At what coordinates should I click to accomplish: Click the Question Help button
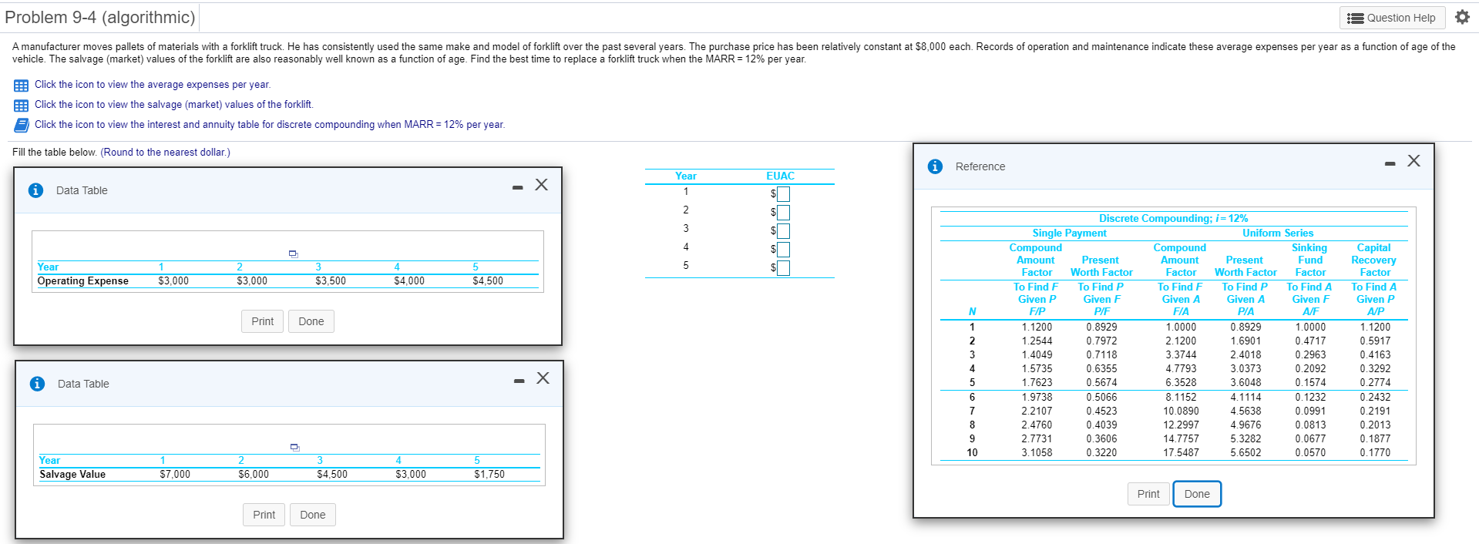coord(1392,18)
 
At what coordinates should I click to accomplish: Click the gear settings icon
coord(1462,17)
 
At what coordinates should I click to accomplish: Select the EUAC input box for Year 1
coord(783,193)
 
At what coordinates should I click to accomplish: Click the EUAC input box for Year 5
coord(783,267)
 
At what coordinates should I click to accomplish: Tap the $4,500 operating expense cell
coord(488,280)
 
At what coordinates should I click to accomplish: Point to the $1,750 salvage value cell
coord(489,474)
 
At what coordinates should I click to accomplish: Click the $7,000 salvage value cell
coord(175,474)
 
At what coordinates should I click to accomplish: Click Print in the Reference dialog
coord(1148,494)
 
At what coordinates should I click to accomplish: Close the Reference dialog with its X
coord(1413,160)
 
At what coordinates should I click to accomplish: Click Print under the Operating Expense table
coord(262,321)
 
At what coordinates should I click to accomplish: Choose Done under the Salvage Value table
coord(312,515)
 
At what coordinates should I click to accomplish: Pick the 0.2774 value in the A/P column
coord(1375,382)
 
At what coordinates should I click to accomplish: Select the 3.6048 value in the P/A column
coord(1245,382)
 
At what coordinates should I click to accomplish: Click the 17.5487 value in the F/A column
coord(1181,452)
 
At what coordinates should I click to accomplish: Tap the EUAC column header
coord(780,176)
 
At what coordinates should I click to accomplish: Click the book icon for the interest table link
coord(21,125)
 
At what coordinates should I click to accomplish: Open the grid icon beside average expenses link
coord(21,85)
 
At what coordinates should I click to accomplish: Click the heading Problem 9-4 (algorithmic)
coord(100,17)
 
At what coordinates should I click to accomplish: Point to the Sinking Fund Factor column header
coord(1309,260)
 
